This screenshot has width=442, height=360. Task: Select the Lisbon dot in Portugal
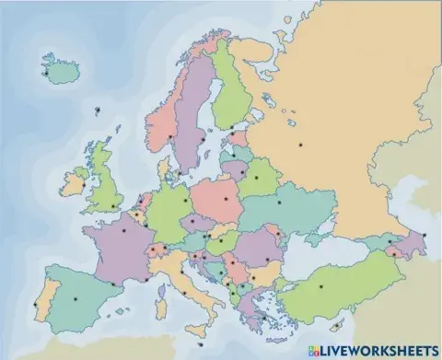36,305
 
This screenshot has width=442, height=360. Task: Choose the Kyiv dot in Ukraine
279,203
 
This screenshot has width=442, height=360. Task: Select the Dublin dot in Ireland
83,187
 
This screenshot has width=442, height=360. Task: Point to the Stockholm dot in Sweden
202,140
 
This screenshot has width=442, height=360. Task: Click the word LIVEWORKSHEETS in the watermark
378,350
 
